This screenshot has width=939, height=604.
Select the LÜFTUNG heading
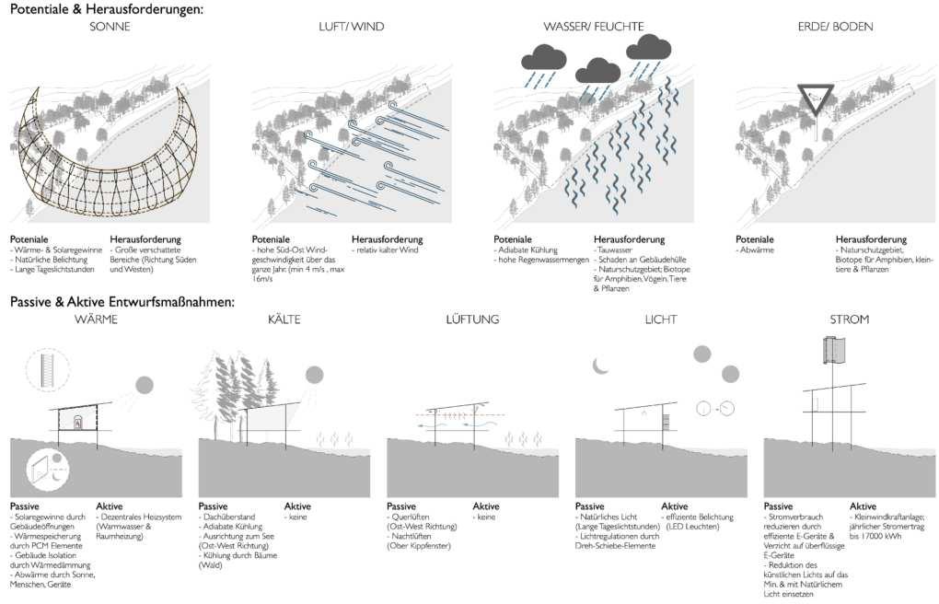[x=471, y=319]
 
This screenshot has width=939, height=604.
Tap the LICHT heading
[x=661, y=319]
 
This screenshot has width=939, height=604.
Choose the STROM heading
[x=849, y=319]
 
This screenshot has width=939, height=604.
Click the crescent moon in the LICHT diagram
[x=601, y=366]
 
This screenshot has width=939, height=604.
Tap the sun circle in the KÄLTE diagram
[x=315, y=375]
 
